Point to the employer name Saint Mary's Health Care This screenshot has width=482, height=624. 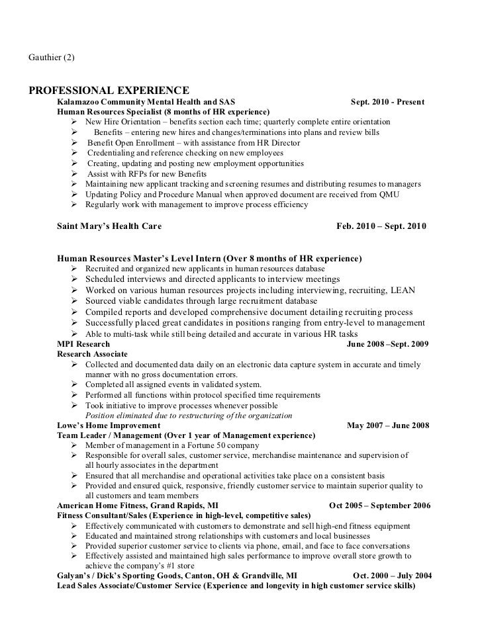tap(109, 226)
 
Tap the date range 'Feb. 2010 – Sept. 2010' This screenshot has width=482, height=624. tap(382, 226)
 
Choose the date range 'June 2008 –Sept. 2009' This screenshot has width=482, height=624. tap(388, 344)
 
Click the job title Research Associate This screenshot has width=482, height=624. tap(92, 355)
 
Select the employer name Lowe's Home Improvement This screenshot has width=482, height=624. tap(109, 425)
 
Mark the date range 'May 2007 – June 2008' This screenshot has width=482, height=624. tap(388, 425)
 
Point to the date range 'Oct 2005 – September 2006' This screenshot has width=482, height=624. tap(379, 506)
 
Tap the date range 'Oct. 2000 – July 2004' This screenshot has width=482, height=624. tap(392, 575)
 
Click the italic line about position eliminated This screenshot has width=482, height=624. tap(189, 416)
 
